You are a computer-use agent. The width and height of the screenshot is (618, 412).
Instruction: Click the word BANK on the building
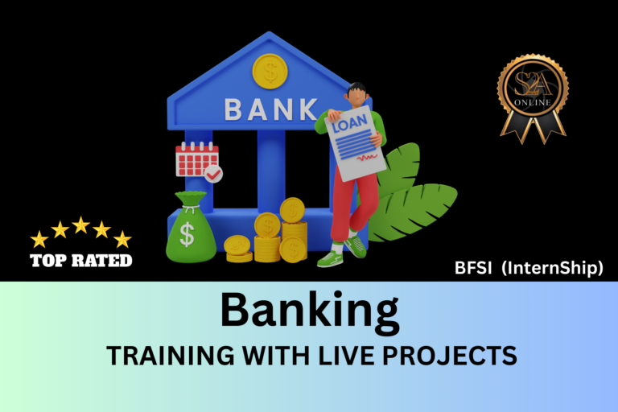[x=271, y=109]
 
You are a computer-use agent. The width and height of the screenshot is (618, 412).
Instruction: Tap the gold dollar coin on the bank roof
[x=270, y=72]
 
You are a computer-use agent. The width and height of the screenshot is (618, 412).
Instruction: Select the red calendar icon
[x=196, y=159]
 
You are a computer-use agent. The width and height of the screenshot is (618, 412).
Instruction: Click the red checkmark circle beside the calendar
[x=213, y=174]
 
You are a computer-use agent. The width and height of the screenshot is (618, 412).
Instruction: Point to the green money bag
[x=191, y=227]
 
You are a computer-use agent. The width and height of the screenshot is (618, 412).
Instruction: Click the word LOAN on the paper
[x=349, y=123]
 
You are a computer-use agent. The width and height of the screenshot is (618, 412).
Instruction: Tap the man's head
[x=356, y=95]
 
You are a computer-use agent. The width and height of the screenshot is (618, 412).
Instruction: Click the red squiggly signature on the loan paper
[x=367, y=158]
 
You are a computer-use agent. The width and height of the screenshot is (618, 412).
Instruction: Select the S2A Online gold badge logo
[x=533, y=99]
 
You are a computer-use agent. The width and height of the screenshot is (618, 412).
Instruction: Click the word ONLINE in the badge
[x=533, y=102]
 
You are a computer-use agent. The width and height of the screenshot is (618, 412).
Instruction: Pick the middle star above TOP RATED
[x=80, y=225]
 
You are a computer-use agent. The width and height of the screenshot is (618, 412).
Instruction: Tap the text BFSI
[x=473, y=268]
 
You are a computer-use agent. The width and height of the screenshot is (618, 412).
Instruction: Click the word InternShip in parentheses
[x=552, y=268]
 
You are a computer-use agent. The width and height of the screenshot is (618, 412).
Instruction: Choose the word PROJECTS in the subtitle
[x=450, y=355]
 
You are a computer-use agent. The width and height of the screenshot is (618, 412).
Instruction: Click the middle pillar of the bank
[x=271, y=171]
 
